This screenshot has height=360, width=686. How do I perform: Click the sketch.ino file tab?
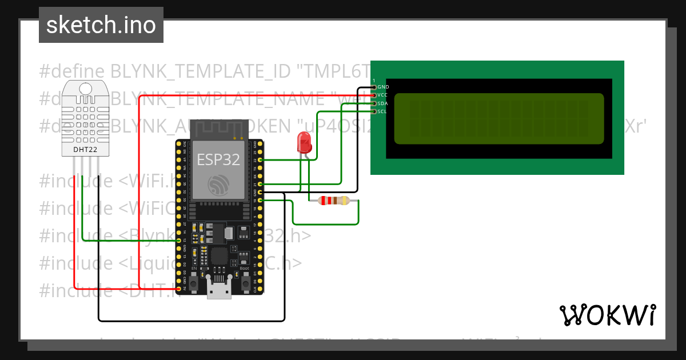[101, 25]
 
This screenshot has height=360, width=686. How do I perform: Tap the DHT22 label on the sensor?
[86, 150]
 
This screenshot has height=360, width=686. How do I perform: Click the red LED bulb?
[304, 142]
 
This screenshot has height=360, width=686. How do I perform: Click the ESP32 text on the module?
[218, 159]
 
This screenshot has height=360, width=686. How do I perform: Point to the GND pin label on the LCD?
[383, 87]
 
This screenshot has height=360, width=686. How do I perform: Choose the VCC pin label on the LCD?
[383, 95]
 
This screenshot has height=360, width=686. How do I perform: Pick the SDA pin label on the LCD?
[383, 103]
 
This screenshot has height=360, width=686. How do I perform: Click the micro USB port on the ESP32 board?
[219, 290]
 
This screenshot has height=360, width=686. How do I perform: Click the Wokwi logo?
[607, 315]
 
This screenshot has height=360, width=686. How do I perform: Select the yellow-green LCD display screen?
[498, 118]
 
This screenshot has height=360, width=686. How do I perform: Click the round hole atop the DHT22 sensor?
[86, 89]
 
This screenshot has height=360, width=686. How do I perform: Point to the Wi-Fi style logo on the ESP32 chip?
[218, 185]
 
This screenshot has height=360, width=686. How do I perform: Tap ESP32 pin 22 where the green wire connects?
[261, 160]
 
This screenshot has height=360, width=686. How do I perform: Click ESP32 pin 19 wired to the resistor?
[261, 201]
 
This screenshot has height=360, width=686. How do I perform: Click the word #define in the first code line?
[72, 71]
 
